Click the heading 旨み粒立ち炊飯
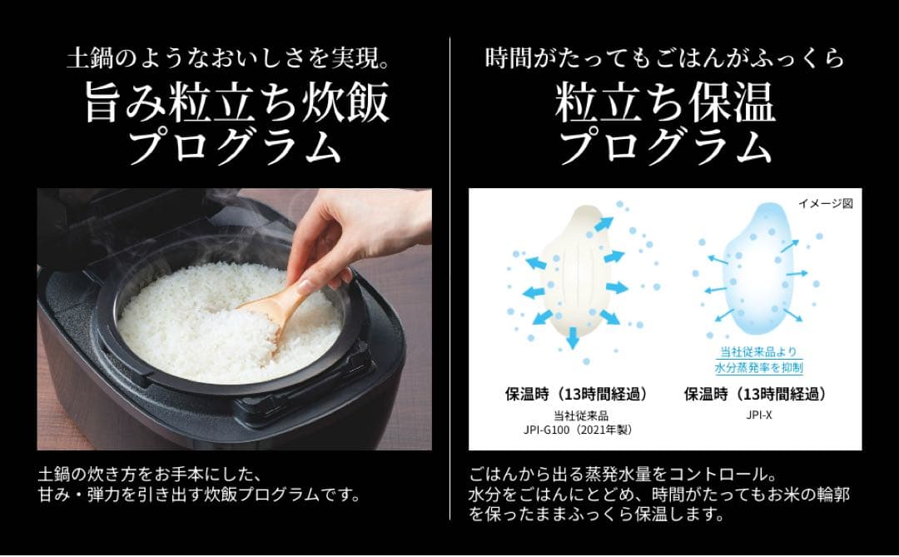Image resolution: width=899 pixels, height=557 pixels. [236, 104]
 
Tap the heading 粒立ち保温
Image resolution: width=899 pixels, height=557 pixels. [665, 104]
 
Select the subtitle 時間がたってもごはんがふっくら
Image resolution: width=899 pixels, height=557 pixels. [665, 59]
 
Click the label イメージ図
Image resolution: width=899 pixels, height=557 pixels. [825, 203]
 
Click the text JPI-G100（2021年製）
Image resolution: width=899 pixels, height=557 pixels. [575, 430]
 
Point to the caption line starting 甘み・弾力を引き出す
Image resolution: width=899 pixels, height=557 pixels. [199, 495]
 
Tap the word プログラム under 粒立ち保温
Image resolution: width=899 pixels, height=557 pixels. [665, 147]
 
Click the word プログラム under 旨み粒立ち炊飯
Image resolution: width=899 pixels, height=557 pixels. [236, 147]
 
